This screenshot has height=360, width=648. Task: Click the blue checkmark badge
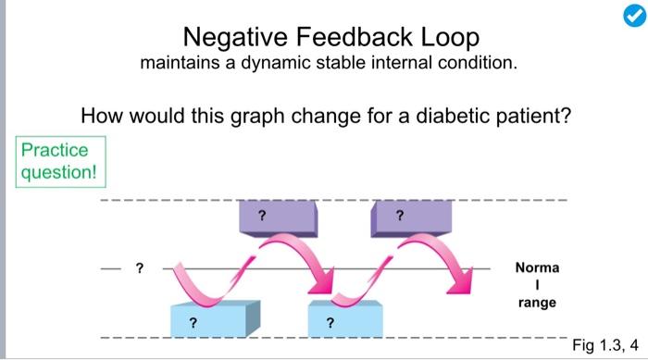coord(628,19)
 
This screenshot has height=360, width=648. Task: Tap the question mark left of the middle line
coord(140,268)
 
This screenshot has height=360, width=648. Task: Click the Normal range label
coord(537,285)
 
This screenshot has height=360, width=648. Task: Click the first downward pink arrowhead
coord(323,279)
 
